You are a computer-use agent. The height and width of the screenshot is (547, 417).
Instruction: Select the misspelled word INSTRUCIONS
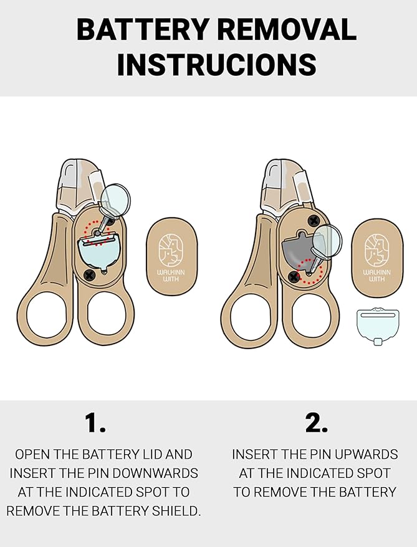point(217,64)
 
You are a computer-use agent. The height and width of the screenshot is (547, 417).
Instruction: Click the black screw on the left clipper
point(90,275)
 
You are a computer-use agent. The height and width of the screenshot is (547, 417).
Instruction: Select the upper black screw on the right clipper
point(314,220)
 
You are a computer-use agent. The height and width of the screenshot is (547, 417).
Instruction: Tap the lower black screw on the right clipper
point(294,278)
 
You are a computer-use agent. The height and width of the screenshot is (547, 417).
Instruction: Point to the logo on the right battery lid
point(377,249)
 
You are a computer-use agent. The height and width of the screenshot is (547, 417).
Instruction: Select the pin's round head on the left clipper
point(116,200)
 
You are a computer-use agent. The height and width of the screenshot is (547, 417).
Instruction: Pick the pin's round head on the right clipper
point(327,241)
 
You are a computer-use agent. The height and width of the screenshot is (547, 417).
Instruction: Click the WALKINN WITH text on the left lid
point(171,275)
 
